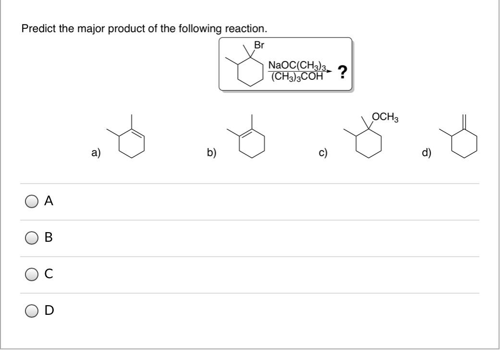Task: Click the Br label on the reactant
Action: coord(259,46)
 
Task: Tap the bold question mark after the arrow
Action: coord(342,73)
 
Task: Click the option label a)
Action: coord(97,153)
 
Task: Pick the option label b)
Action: coord(211,153)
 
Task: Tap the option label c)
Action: coord(323,153)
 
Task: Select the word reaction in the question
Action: coord(249,29)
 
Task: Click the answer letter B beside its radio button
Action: coord(49,237)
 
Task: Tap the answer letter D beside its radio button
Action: coord(49,310)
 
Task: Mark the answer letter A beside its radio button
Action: coord(49,202)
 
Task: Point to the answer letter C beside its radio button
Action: coord(49,274)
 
